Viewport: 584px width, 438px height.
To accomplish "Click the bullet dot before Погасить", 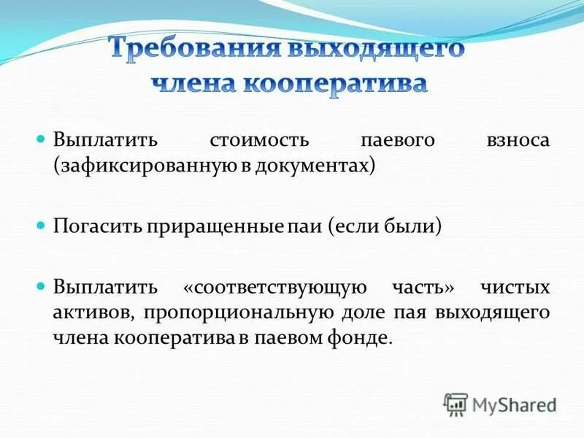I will pyautogui.click(x=41, y=223).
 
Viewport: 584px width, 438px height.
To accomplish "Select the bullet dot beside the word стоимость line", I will pyautogui.click(x=41, y=138).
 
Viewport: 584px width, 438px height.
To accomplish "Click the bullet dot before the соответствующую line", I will pyautogui.click(x=41, y=284).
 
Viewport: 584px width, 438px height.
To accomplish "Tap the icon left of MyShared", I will pyautogui.click(x=456, y=404).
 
